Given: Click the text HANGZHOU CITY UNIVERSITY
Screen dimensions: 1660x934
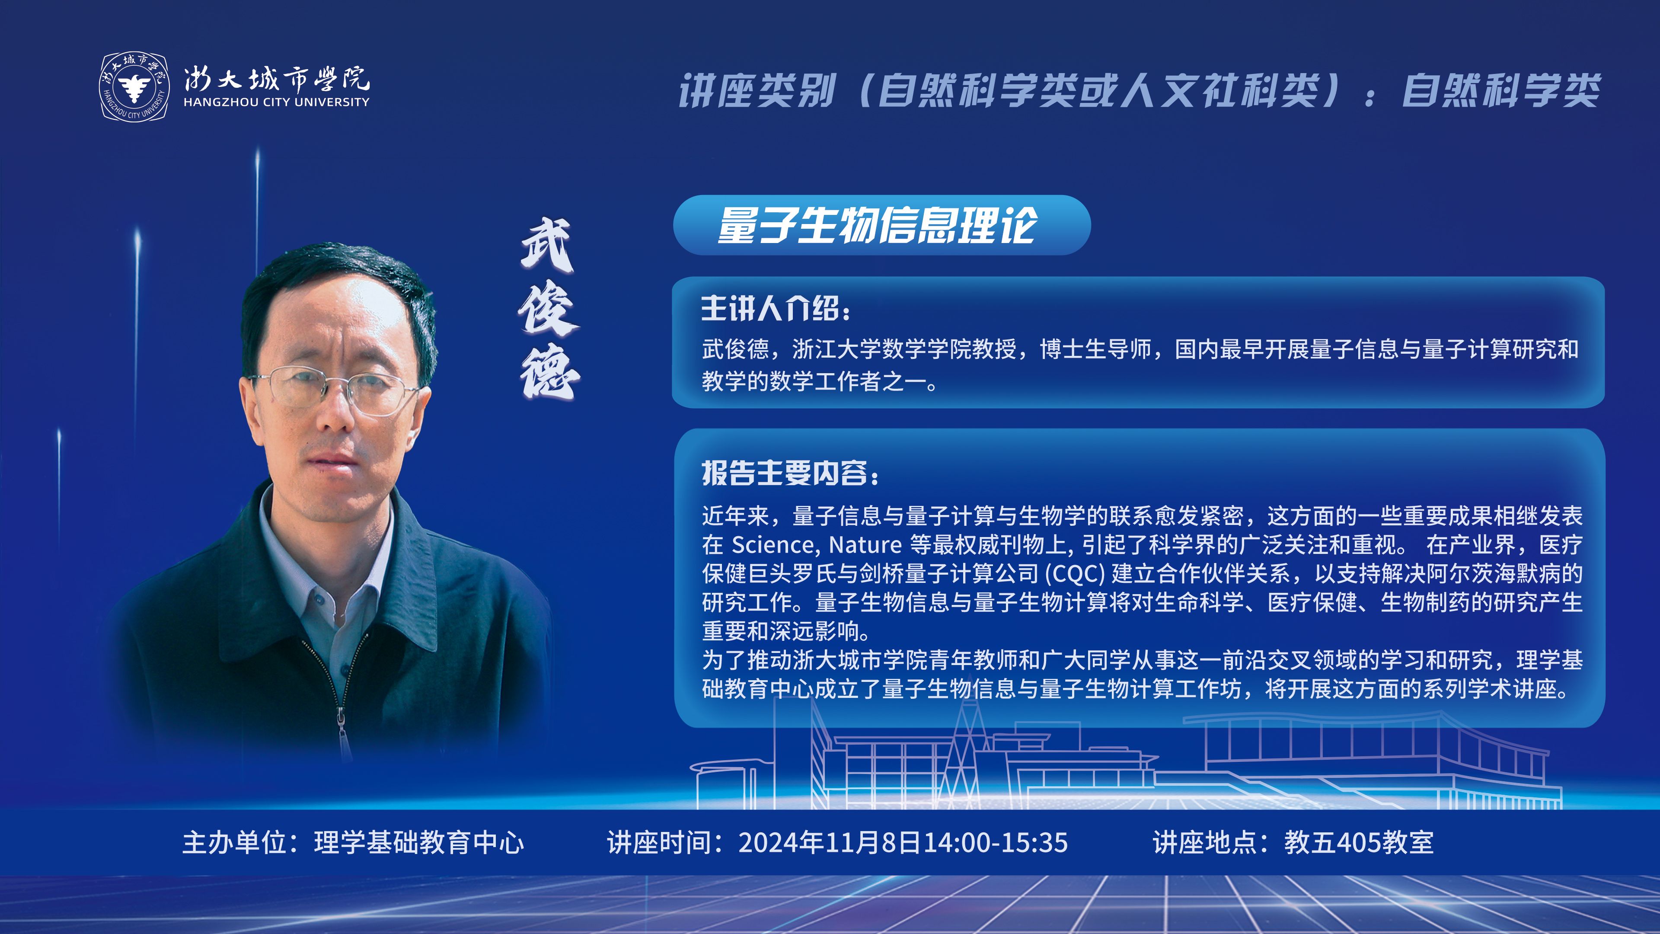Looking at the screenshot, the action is coord(277,102).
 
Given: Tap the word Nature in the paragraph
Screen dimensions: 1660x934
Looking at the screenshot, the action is coord(865,545).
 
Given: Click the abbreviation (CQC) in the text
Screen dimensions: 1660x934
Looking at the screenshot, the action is coord(1074,574).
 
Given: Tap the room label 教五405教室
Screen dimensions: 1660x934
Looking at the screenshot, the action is coord(1359,842).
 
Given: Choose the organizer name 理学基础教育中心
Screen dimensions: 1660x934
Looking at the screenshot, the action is coord(419,842).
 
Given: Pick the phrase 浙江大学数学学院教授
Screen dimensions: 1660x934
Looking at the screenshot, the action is coord(903,349).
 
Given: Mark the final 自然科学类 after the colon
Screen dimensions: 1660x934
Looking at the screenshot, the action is coord(1501,90).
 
